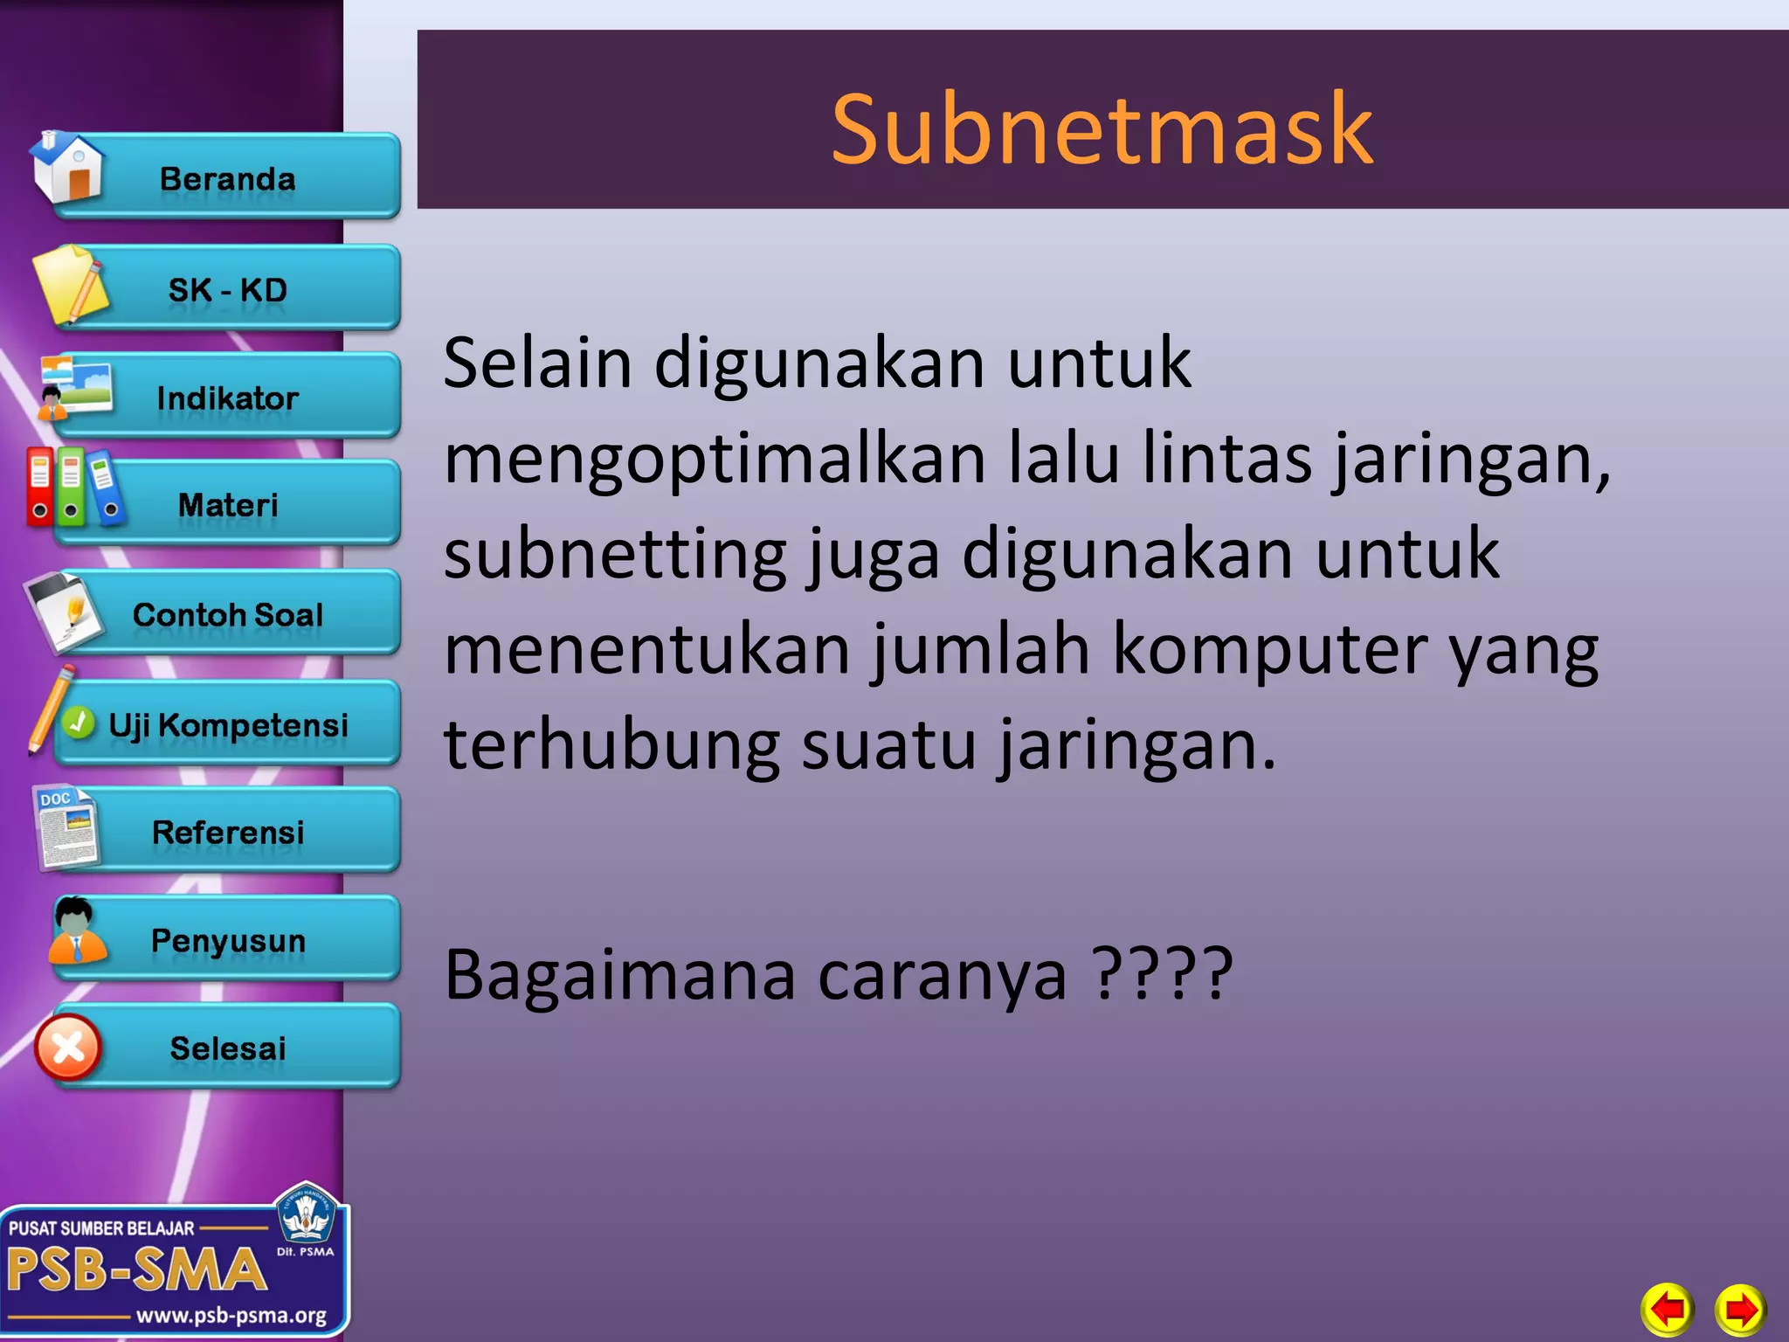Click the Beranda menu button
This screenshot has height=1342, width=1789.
point(228,178)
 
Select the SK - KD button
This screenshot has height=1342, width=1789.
point(228,289)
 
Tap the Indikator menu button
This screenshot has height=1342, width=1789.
point(228,398)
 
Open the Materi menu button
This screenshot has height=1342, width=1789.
point(228,505)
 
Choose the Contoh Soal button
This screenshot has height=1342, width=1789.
point(228,614)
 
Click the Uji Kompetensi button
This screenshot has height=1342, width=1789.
point(228,724)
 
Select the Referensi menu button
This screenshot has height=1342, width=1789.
point(228,832)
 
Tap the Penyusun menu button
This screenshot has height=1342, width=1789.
point(228,940)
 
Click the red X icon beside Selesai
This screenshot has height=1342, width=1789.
point(68,1048)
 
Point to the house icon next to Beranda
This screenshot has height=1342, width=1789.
point(68,166)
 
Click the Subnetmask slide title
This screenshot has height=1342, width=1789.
point(1102,128)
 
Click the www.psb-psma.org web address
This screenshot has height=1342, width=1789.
point(231,1315)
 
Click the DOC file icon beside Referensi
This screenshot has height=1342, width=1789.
point(66,827)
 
